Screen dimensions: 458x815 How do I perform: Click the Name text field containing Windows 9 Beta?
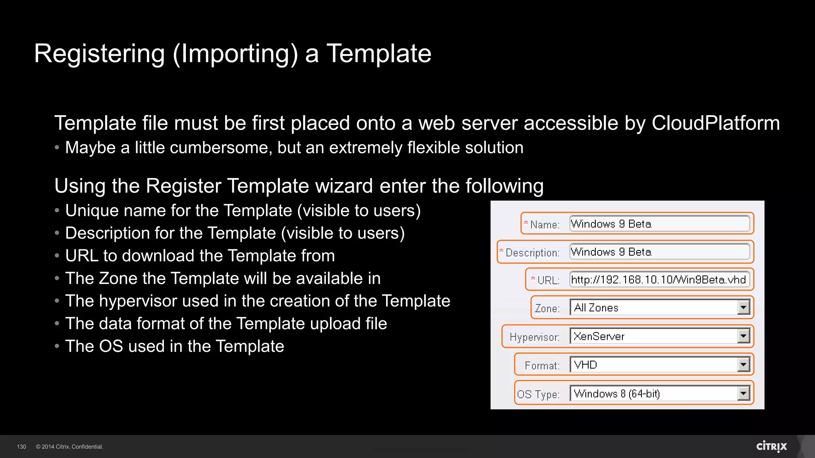tap(659, 224)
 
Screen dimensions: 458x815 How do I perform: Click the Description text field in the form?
tap(659, 252)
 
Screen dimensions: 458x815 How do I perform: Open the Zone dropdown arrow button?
tap(743, 307)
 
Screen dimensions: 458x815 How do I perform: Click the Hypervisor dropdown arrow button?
tap(743, 336)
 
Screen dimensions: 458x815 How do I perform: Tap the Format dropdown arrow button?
tap(743, 365)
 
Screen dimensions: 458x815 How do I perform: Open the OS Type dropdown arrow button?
tap(743, 394)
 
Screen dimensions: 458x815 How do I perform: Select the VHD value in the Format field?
tap(585, 365)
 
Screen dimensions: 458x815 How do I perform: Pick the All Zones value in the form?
tap(596, 308)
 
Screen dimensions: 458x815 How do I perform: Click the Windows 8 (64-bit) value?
tap(617, 394)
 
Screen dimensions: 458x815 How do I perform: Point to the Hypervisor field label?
tap(534, 337)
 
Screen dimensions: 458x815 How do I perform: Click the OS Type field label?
tap(538, 394)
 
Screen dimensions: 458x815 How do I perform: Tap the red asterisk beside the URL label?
tap(533, 279)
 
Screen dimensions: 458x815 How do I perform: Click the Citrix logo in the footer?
tap(771, 446)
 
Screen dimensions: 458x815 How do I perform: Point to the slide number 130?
tap(21, 447)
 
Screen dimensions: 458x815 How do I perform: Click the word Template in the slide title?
tap(379, 54)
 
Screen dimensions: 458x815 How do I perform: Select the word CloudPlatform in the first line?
tap(716, 123)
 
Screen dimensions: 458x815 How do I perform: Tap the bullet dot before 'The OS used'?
tap(57, 346)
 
